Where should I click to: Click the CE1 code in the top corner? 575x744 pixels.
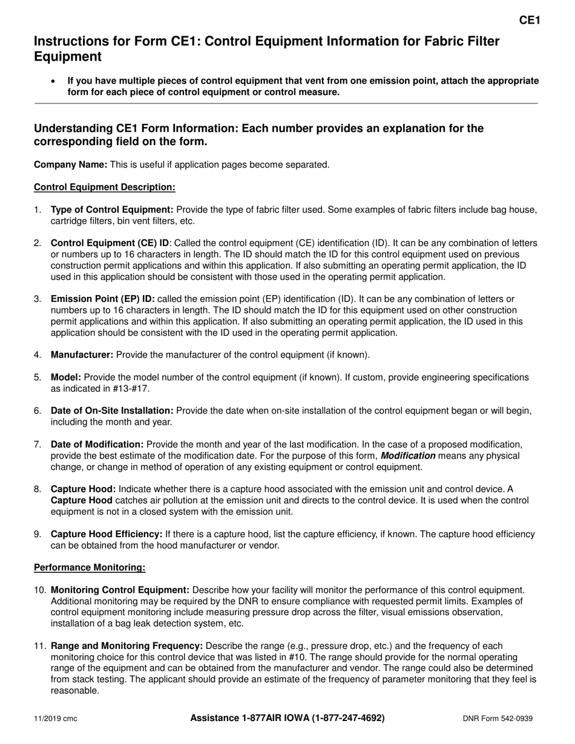point(530,21)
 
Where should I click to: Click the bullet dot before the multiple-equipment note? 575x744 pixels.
point(54,80)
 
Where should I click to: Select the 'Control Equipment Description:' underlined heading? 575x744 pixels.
point(104,188)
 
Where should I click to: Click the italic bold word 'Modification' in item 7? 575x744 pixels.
point(407,455)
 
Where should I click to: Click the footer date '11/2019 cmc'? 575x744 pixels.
point(55,719)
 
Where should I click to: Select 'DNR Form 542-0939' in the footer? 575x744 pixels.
point(498,719)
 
